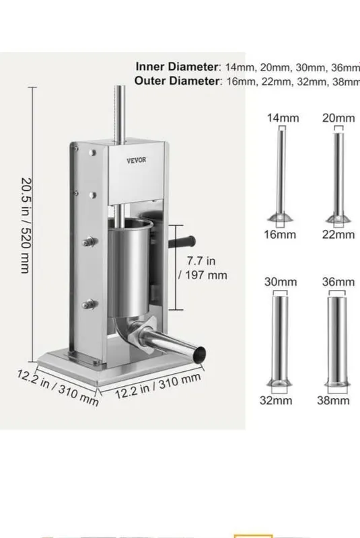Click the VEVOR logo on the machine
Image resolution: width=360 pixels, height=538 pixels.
click(136, 160)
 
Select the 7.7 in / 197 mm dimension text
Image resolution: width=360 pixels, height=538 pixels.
click(203, 268)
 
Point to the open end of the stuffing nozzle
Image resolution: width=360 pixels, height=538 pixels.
click(199, 354)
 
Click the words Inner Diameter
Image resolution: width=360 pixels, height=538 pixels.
click(176, 67)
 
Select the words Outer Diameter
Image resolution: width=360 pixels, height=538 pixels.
click(176, 81)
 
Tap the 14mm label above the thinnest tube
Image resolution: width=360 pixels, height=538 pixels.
click(283, 118)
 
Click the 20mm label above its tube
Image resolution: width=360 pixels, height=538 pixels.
click(338, 118)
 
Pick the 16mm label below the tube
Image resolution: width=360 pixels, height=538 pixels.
click(280, 235)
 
